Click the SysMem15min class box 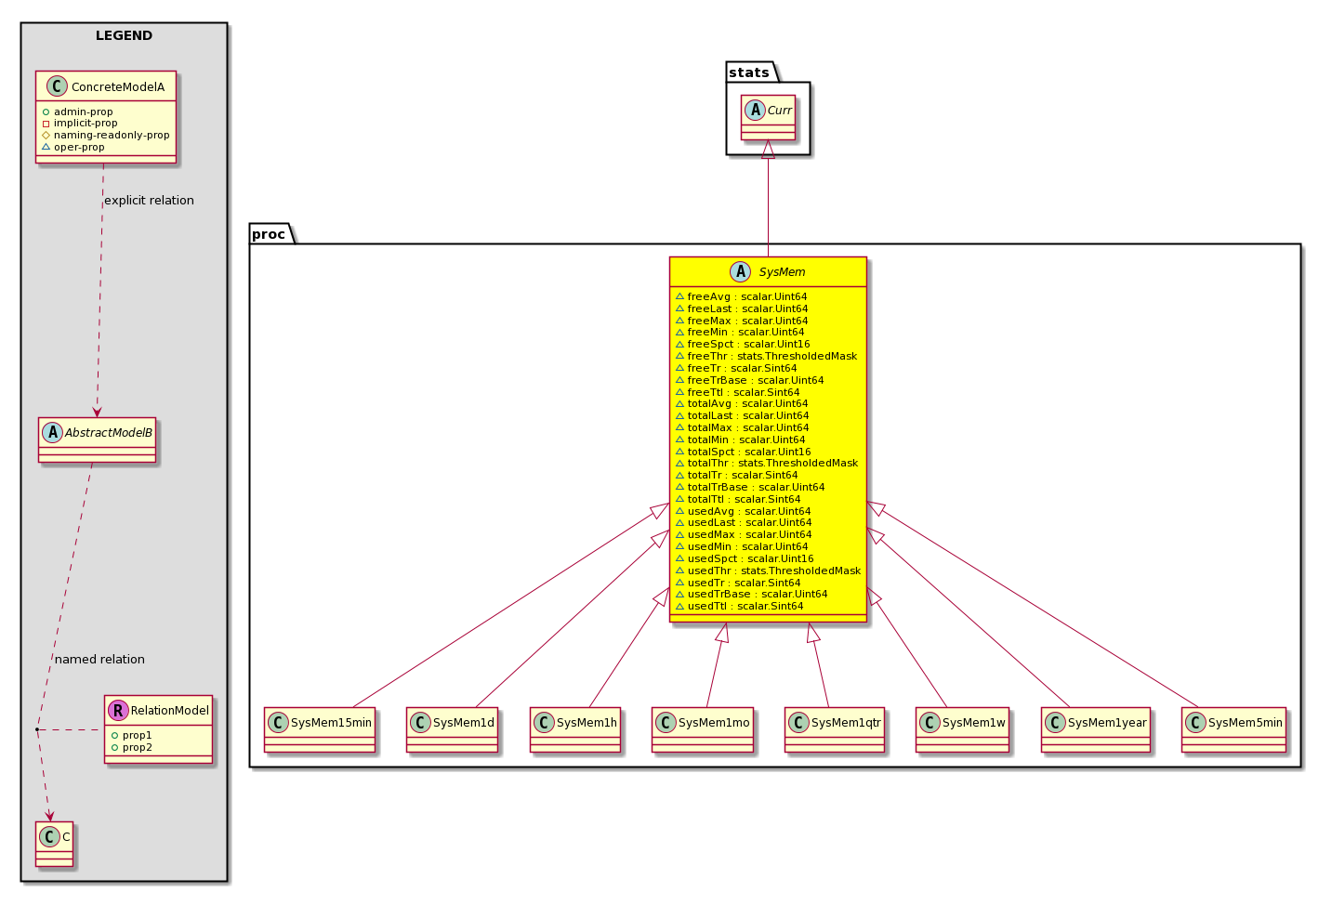320,729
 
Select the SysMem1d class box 452,729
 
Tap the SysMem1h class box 575,729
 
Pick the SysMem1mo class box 703,729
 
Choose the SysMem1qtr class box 835,729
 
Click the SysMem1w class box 962,729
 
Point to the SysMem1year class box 1095,729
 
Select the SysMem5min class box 1233,729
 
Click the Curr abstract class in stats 768,118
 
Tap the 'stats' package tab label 748,72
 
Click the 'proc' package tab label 269,234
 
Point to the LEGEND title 124,35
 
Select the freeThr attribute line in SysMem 767,356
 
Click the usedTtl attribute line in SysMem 739,606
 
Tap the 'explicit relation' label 150,201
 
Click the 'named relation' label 99,659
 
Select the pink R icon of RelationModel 118,710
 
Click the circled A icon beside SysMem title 740,272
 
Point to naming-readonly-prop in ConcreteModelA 106,135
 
